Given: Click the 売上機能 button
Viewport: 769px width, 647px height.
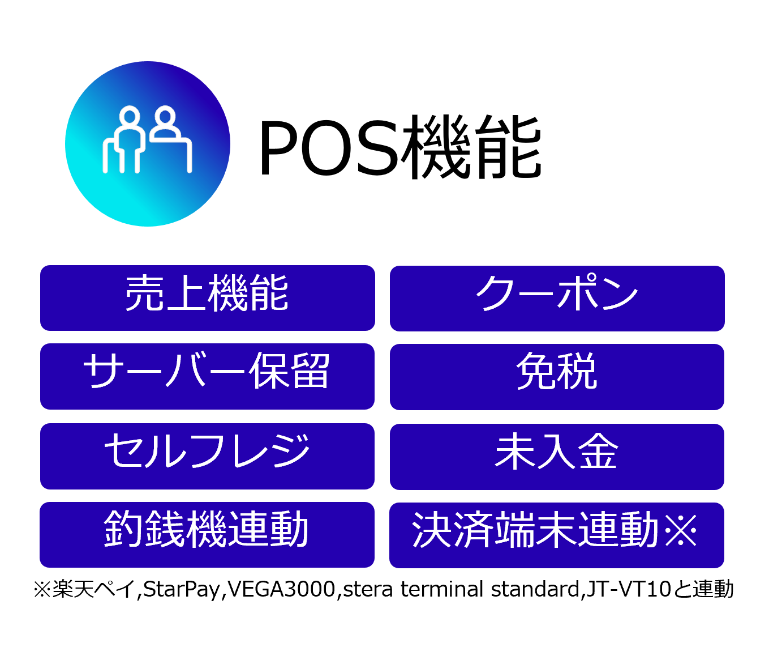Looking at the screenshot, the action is [x=207, y=297].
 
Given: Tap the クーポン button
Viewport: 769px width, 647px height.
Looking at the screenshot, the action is [x=557, y=299].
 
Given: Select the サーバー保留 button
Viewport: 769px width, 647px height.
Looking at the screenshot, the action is [x=207, y=376].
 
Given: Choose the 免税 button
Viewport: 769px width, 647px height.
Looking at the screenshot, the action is [x=557, y=377].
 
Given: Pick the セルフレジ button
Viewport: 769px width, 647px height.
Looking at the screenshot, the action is [x=207, y=456].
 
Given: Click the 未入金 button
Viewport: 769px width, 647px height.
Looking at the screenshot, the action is [x=557, y=457].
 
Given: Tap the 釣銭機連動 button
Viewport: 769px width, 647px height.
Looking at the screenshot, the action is [x=207, y=534].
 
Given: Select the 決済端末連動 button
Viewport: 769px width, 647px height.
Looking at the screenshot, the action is [x=556, y=535].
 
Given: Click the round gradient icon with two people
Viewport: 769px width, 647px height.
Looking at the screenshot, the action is [x=148, y=144].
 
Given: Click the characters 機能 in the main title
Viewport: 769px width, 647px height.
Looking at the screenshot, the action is [x=471, y=147].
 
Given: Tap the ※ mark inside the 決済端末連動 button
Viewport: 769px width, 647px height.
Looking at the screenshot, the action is [x=681, y=530].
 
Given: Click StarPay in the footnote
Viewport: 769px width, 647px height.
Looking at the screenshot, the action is [x=182, y=589].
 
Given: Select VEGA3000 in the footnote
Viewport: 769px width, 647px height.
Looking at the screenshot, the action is [x=281, y=589].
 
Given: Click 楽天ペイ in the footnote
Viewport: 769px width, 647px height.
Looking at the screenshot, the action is [x=94, y=589].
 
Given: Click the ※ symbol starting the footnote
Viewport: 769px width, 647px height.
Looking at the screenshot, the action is [x=42, y=589].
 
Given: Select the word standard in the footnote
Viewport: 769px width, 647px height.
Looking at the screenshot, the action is [x=535, y=589].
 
